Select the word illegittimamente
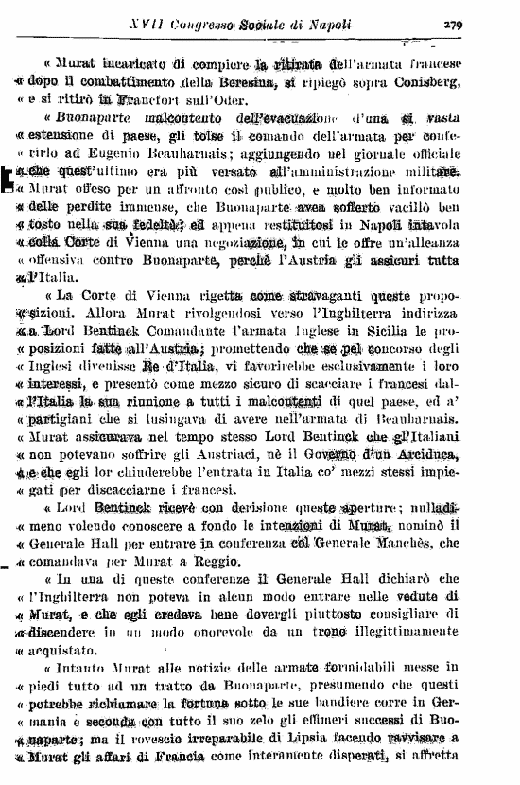point(397,632)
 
